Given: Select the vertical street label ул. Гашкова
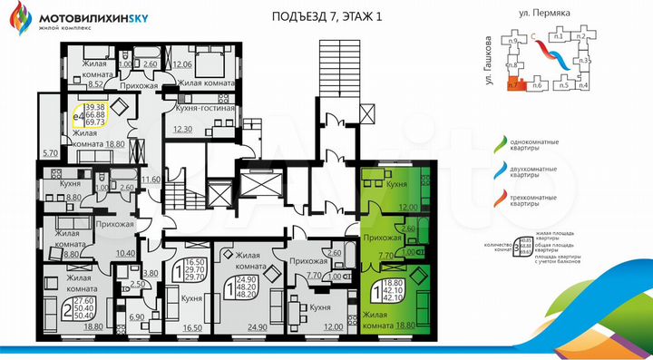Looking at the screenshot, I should pyautogui.click(x=490, y=62).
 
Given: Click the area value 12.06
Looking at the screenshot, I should pyautogui.click(x=183, y=64).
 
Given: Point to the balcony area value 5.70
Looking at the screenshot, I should pyautogui.click(x=51, y=152).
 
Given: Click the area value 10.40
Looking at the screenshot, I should pyautogui.click(x=125, y=253).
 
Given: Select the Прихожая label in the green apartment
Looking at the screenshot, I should pyautogui.click(x=382, y=238).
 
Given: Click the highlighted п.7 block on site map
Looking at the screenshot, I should pyautogui.click(x=517, y=85).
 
